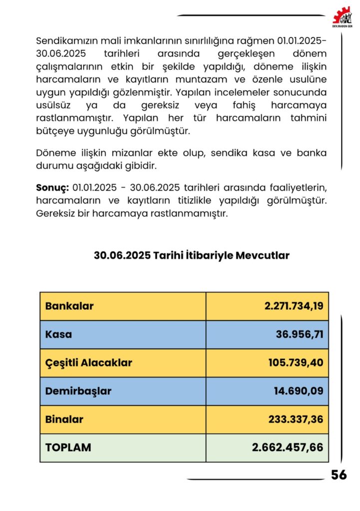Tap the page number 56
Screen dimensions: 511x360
(339, 475)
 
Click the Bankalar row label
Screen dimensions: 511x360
(69, 306)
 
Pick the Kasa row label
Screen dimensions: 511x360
(58, 334)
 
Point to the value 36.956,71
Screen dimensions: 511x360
(300, 334)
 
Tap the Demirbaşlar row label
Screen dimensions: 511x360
(78, 391)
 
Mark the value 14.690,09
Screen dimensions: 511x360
(299, 391)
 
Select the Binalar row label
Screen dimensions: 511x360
(64, 420)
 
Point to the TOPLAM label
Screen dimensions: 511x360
(68, 448)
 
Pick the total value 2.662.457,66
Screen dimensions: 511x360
(288, 448)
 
